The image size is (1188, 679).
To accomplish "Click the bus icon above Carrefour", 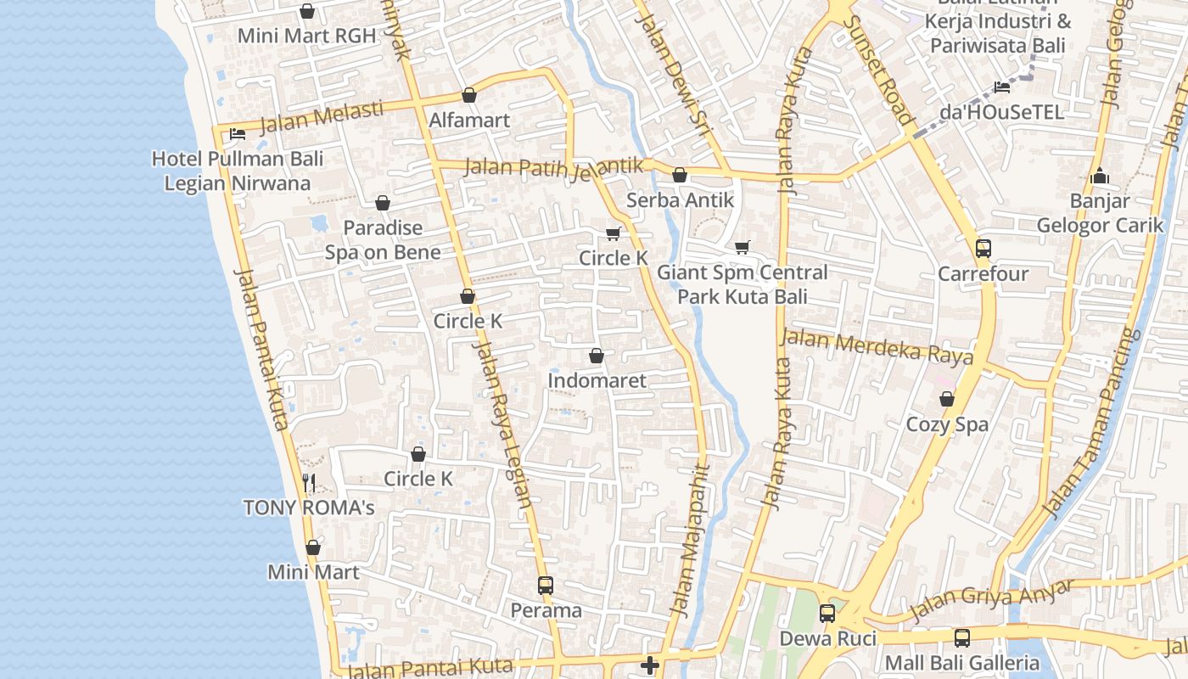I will pyautogui.click(x=983, y=249).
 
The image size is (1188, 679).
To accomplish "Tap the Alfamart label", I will pyautogui.click(x=469, y=120).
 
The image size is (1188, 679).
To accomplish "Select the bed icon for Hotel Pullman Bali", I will pyautogui.click(x=238, y=134).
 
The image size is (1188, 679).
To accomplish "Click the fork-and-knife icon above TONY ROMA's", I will pyautogui.click(x=309, y=483).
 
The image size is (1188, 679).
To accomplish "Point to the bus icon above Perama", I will pyautogui.click(x=546, y=586).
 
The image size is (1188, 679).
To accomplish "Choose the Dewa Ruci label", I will pyautogui.click(x=827, y=637).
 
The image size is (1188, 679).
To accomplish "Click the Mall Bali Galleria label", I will pyautogui.click(x=961, y=662).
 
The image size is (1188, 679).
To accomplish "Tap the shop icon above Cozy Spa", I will pyautogui.click(x=947, y=399).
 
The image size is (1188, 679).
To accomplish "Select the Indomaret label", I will pyautogui.click(x=597, y=380).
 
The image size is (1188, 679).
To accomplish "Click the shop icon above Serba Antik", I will pyautogui.click(x=679, y=176).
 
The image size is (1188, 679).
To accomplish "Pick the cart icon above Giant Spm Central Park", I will pyautogui.click(x=742, y=247).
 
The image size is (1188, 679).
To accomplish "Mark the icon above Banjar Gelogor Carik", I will pyautogui.click(x=1100, y=177).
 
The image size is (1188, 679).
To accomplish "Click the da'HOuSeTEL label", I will pyautogui.click(x=1001, y=112).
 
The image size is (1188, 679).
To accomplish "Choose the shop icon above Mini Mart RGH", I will pyautogui.click(x=306, y=11).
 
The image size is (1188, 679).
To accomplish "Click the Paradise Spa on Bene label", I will pyautogui.click(x=383, y=240).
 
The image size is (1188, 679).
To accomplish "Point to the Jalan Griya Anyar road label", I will pyautogui.click(x=991, y=598).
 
